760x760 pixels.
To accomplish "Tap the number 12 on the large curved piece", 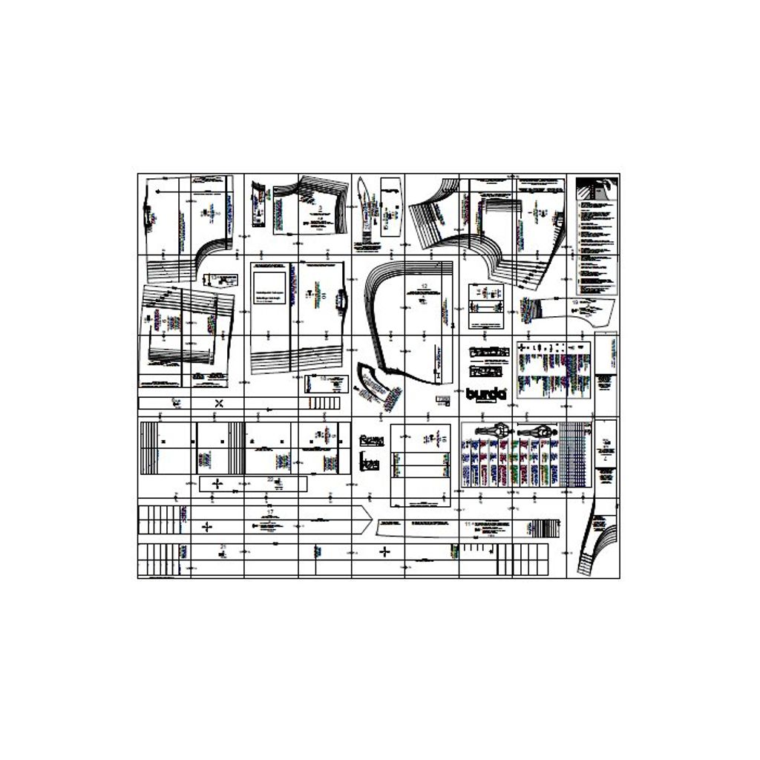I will [x=424, y=286].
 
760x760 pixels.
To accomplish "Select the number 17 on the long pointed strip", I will [x=270, y=513].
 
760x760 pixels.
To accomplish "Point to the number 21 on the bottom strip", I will [x=223, y=546].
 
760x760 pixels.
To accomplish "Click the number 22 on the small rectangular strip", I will [x=270, y=479].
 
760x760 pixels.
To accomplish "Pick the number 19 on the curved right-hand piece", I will [x=575, y=302].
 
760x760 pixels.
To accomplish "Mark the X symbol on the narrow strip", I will [x=219, y=403].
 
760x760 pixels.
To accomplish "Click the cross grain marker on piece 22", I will [x=217, y=484].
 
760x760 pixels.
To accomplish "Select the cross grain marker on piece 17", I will [x=207, y=526].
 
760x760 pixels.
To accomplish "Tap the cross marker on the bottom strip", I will [x=384, y=551].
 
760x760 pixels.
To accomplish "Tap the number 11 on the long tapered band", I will [x=468, y=524].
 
